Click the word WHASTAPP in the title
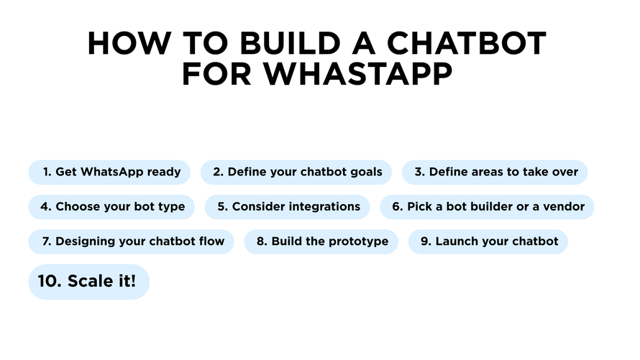tap(358, 74)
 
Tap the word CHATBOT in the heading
tap(467, 43)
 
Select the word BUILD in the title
tap(290, 43)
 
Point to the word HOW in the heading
tap(129, 43)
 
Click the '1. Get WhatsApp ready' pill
tap(109, 172)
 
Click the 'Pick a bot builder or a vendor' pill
tap(487, 207)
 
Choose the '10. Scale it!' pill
tap(89, 282)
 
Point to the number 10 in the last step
tap(50, 281)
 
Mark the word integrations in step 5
tap(326, 207)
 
